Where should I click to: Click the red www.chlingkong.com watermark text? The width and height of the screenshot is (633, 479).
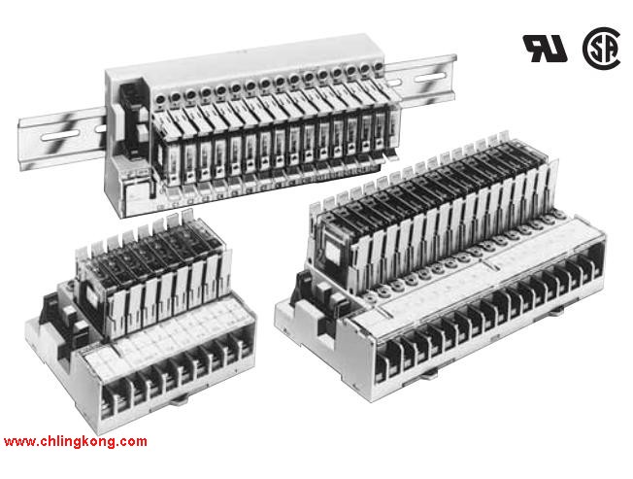coord(76,441)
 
